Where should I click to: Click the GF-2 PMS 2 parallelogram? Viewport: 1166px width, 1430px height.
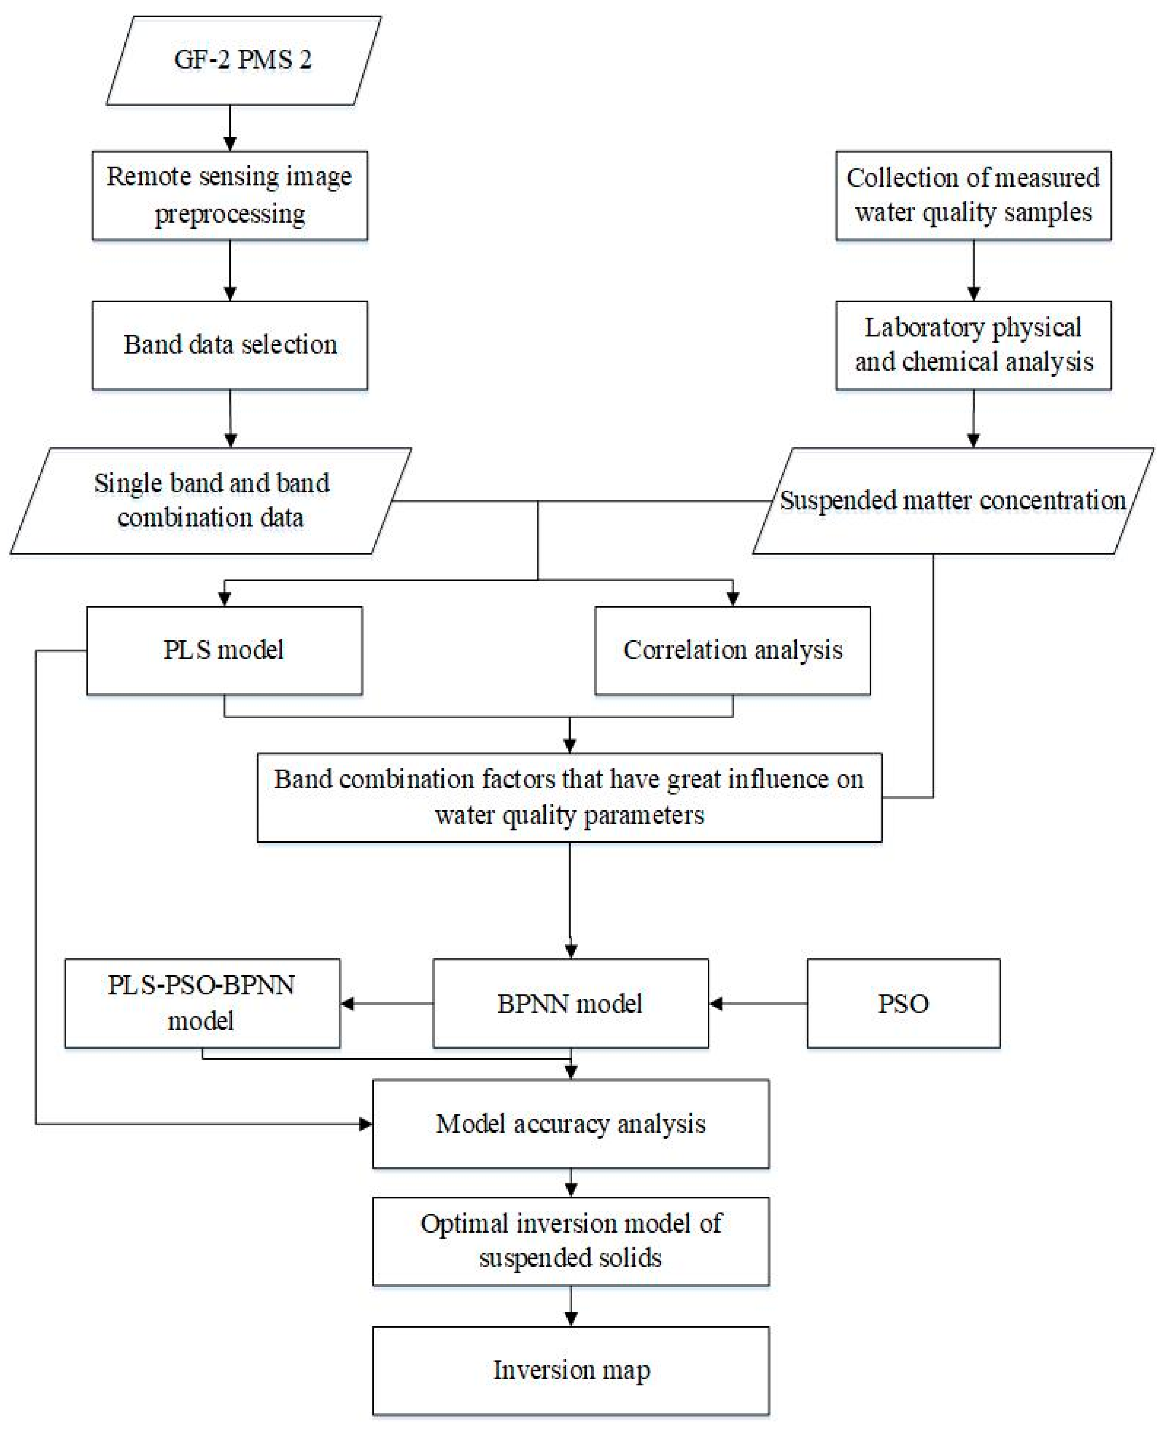[x=243, y=60]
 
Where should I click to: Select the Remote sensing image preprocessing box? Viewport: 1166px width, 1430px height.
[x=230, y=195]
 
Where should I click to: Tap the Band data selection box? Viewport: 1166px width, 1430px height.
[x=230, y=345]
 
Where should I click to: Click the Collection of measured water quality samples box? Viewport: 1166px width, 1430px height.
[x=973, y=195]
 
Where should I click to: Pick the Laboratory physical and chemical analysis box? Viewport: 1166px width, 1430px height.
[x=973, y=345]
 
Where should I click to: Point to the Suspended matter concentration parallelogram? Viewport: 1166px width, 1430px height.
[x=952, y=501]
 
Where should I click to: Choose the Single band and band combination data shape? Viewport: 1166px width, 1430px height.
[x=211, y=501]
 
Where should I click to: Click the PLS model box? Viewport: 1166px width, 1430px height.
[x=225, y=650]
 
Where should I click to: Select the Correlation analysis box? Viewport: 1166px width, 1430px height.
[x=732, y=650]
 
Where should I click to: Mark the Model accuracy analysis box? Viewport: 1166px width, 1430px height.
[x=570, y=1124]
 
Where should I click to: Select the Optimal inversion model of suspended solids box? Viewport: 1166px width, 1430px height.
[x=570, y=1241]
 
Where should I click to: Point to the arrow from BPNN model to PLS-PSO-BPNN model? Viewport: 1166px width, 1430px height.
[x=386, y=1004]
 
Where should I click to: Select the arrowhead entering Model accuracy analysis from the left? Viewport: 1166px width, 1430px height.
[x=366, y=1124]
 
